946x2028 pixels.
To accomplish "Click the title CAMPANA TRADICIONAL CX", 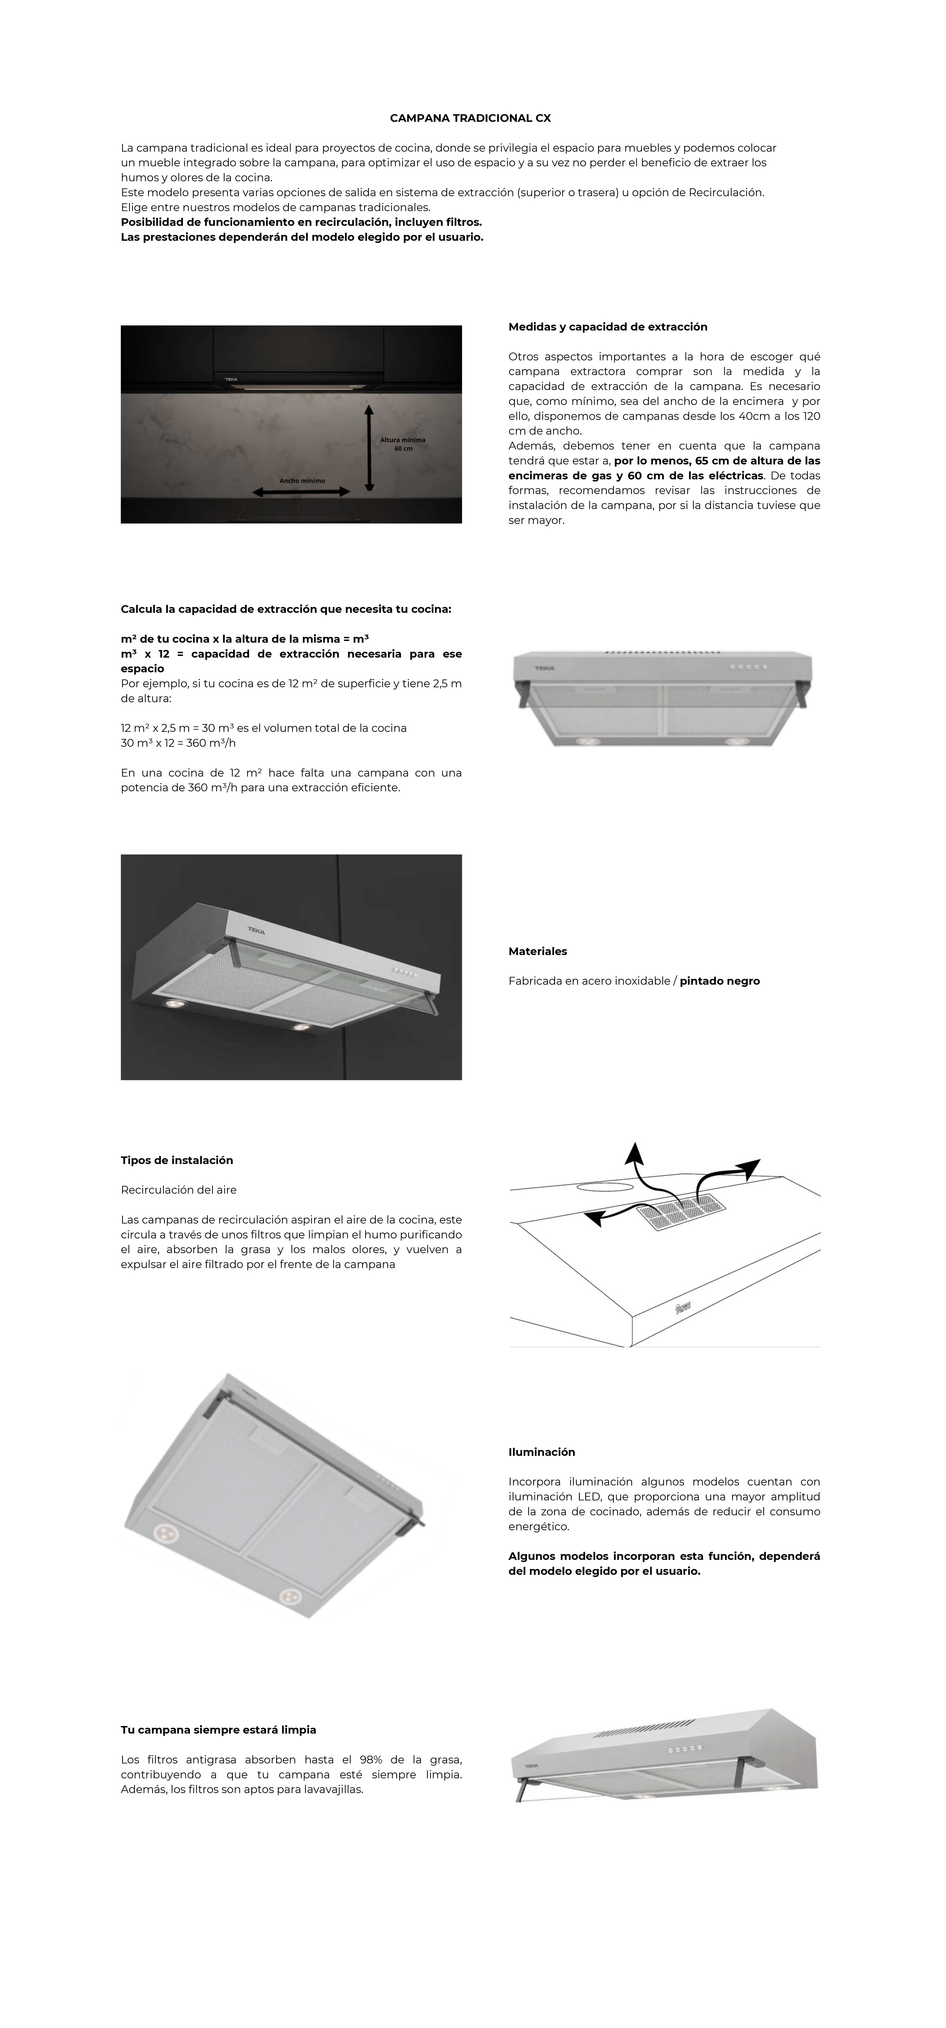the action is tap(471, 118).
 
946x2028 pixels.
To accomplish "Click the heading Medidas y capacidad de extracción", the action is tap(608, 327).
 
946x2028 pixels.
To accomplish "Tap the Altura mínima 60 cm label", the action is tap(403, 444).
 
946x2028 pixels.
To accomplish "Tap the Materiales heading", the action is tap(538, 951).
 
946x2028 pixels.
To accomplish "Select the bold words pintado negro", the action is tap(719, 981).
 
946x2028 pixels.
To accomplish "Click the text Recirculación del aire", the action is tap(179, 1190).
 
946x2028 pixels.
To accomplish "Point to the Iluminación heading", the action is tap(541, 1452).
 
